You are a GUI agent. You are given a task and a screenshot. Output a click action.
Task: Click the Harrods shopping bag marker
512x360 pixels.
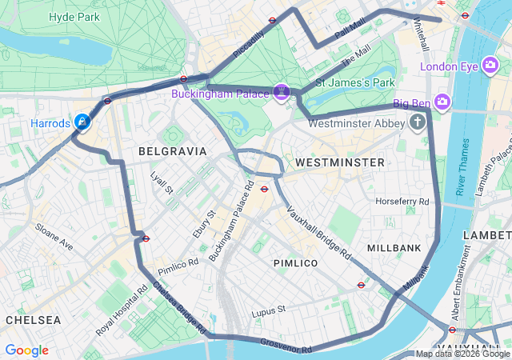[82, 122]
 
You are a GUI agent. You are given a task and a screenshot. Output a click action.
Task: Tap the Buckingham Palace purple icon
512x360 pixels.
[281, 93]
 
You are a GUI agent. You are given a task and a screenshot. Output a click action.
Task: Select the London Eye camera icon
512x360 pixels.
[490, 66]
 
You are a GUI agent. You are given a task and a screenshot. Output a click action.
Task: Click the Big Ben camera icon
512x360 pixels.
[443, 102]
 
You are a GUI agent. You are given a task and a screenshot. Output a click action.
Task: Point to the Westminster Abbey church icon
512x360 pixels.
[417, 122]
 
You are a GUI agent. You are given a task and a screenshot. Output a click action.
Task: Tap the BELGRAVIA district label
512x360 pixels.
[172, 150]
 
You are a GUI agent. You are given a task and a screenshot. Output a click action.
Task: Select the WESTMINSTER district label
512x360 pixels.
[340, 162]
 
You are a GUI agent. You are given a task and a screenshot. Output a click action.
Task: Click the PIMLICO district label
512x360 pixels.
[295, 263]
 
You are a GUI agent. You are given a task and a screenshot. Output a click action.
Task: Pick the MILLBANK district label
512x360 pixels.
[394, 248]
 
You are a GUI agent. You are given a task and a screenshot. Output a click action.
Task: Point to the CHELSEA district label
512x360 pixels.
[33, 319]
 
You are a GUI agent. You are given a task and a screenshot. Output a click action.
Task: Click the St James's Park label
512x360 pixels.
[356, 82]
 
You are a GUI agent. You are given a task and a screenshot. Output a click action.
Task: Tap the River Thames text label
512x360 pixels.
[462, 166]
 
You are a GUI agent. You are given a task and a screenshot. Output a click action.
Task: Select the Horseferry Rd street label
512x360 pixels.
[402, 201]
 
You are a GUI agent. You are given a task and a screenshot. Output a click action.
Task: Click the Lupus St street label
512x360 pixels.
[268, 310]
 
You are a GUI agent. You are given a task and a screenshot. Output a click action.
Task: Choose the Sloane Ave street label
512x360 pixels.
[54, 237]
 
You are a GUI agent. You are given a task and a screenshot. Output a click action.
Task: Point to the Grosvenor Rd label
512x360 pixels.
[286, 346]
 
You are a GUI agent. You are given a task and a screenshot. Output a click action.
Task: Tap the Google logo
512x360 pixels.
[26, 350]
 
